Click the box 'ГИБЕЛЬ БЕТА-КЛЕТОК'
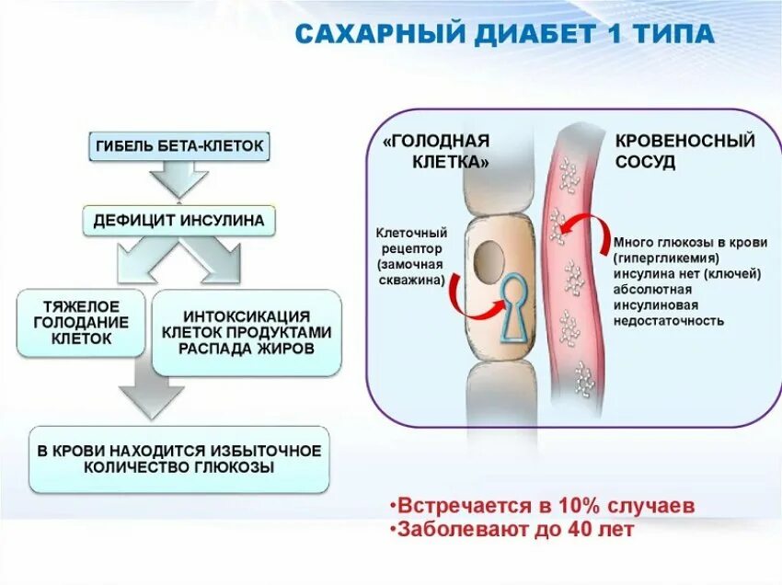pyautogui.click(x=181, y=146)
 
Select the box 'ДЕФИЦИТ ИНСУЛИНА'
pyautogui.click(x=179, y=221)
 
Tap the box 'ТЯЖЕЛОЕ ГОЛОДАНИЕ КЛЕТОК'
pyautogui.click(x=82, y=323)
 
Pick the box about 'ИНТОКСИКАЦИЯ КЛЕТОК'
pyautogui.click(x=246, y=332)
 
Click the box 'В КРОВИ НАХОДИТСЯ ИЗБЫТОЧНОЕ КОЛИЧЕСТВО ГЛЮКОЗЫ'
pyautogui.click(x=179, y=458)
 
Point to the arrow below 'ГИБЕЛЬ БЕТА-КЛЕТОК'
pyautogui.click(x=180, y=179)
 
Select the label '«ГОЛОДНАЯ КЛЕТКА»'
pyautogui.click(x=436, y=151)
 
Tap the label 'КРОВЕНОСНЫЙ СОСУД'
pyautogui.click(x=684, y=151)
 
